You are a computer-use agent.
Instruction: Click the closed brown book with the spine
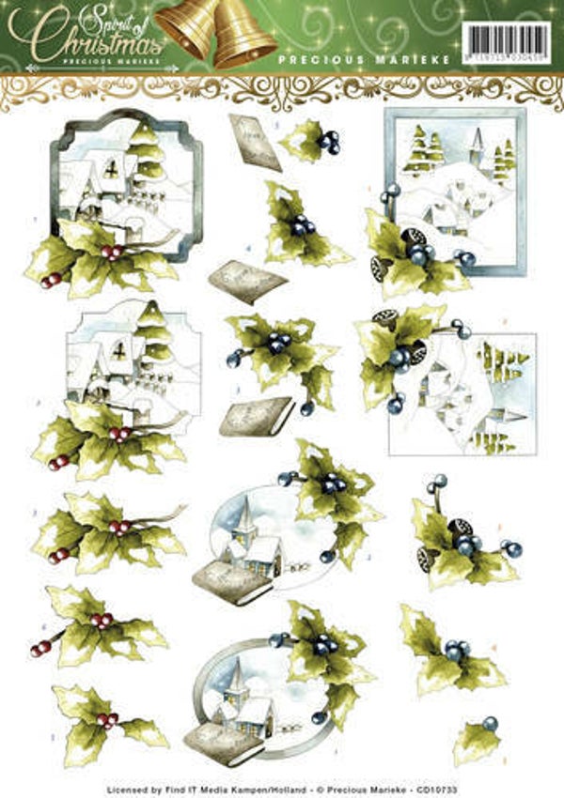click(x=256, y=416)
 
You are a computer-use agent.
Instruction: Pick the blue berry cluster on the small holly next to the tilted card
click(x=329, y=141)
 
